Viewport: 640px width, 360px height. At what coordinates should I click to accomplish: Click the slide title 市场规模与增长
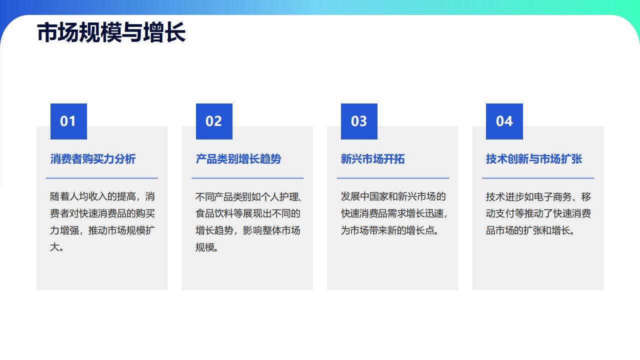coord(111,32)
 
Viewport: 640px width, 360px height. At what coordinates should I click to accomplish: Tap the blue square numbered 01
coord(68,121)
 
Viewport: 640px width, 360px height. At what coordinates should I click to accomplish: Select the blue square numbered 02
coord(214,121)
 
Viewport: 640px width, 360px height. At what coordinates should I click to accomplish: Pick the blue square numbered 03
coord(359,121)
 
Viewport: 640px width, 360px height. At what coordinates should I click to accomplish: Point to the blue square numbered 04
coord(504,121)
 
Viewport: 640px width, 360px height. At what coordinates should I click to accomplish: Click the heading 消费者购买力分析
coord(93,159)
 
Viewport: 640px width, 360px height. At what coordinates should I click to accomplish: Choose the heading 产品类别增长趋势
coord(238,159)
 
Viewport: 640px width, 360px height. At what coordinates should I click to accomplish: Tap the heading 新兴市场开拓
coord(372,159)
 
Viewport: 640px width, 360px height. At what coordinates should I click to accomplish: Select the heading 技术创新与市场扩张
coord(534,159)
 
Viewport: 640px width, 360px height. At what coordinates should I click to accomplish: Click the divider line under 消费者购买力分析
coord(102,178)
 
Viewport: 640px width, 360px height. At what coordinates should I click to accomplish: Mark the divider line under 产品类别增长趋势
coord(247,178)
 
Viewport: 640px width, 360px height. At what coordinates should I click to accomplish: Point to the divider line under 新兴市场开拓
coord(393,178)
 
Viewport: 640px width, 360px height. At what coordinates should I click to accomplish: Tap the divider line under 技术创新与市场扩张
coord(538,178)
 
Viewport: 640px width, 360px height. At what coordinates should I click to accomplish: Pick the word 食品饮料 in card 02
coord(214,213)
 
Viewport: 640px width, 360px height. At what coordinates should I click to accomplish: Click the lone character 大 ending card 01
coord(54,247)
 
